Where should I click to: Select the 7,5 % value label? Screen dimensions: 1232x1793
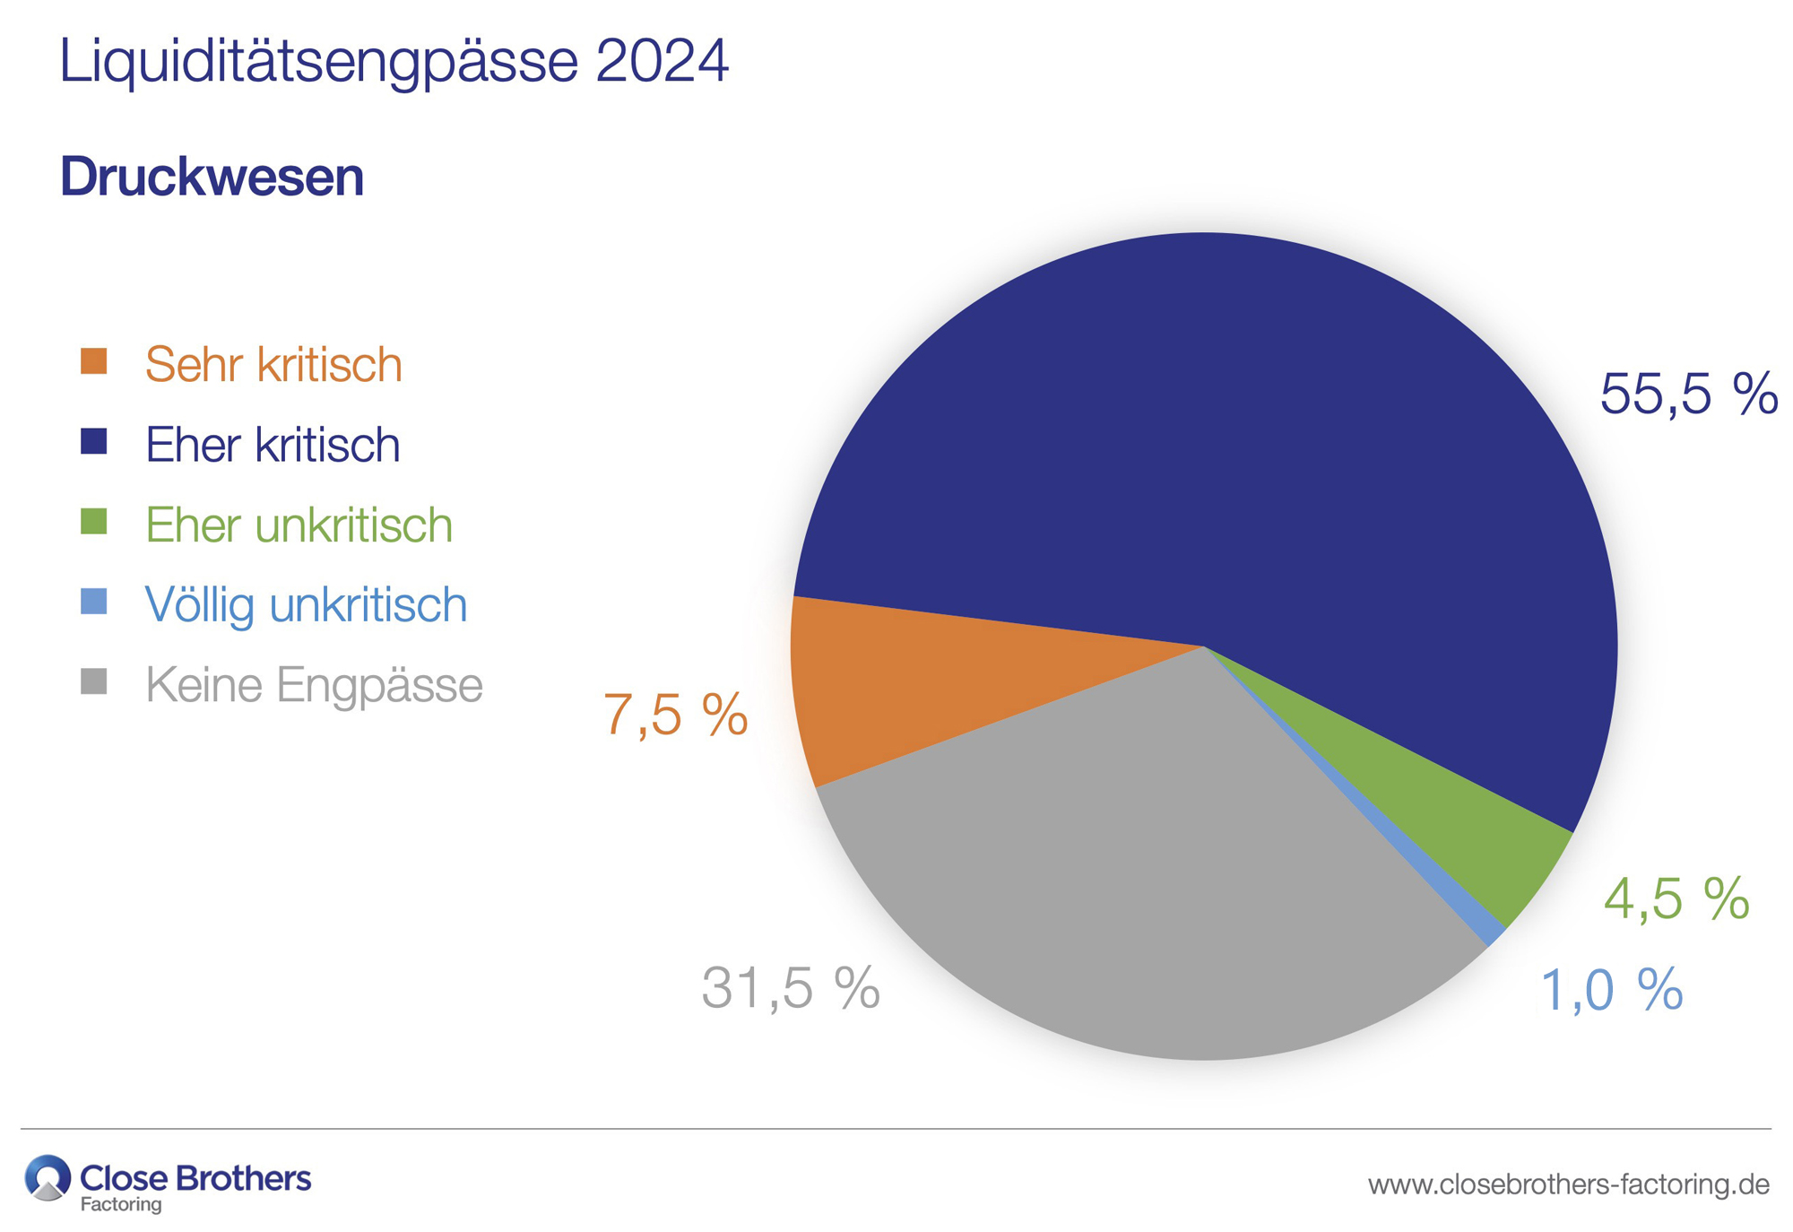pyautogui.click(x=675, y=716)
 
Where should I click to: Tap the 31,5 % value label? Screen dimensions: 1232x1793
pyautogui.click(x=790, y=988)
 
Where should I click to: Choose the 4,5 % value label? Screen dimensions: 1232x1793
pyautogui.click(x=1676, y=898)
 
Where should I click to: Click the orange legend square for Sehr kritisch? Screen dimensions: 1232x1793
pyautogui.click(x=94, y=361)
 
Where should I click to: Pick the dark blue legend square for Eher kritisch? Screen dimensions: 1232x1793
pyautogui.click(x=94, y=441)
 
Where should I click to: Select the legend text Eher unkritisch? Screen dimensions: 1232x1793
pyautogui.click(x=299, y=525)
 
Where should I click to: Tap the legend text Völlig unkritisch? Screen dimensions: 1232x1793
pyautogui.click(x=306, y=604)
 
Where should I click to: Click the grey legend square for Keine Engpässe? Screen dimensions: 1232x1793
pyautogui.click(x=94, y=681)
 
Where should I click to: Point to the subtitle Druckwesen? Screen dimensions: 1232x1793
pyautogui.click(x=212, y=177)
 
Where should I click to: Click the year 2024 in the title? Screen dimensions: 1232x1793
pyautogui.click(x=661, y=61)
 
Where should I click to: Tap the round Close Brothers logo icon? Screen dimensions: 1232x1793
pyautogui.click(x=48, y=1177)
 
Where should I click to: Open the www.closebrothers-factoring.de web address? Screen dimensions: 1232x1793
pyautogui.click(x=1568, y=1184)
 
